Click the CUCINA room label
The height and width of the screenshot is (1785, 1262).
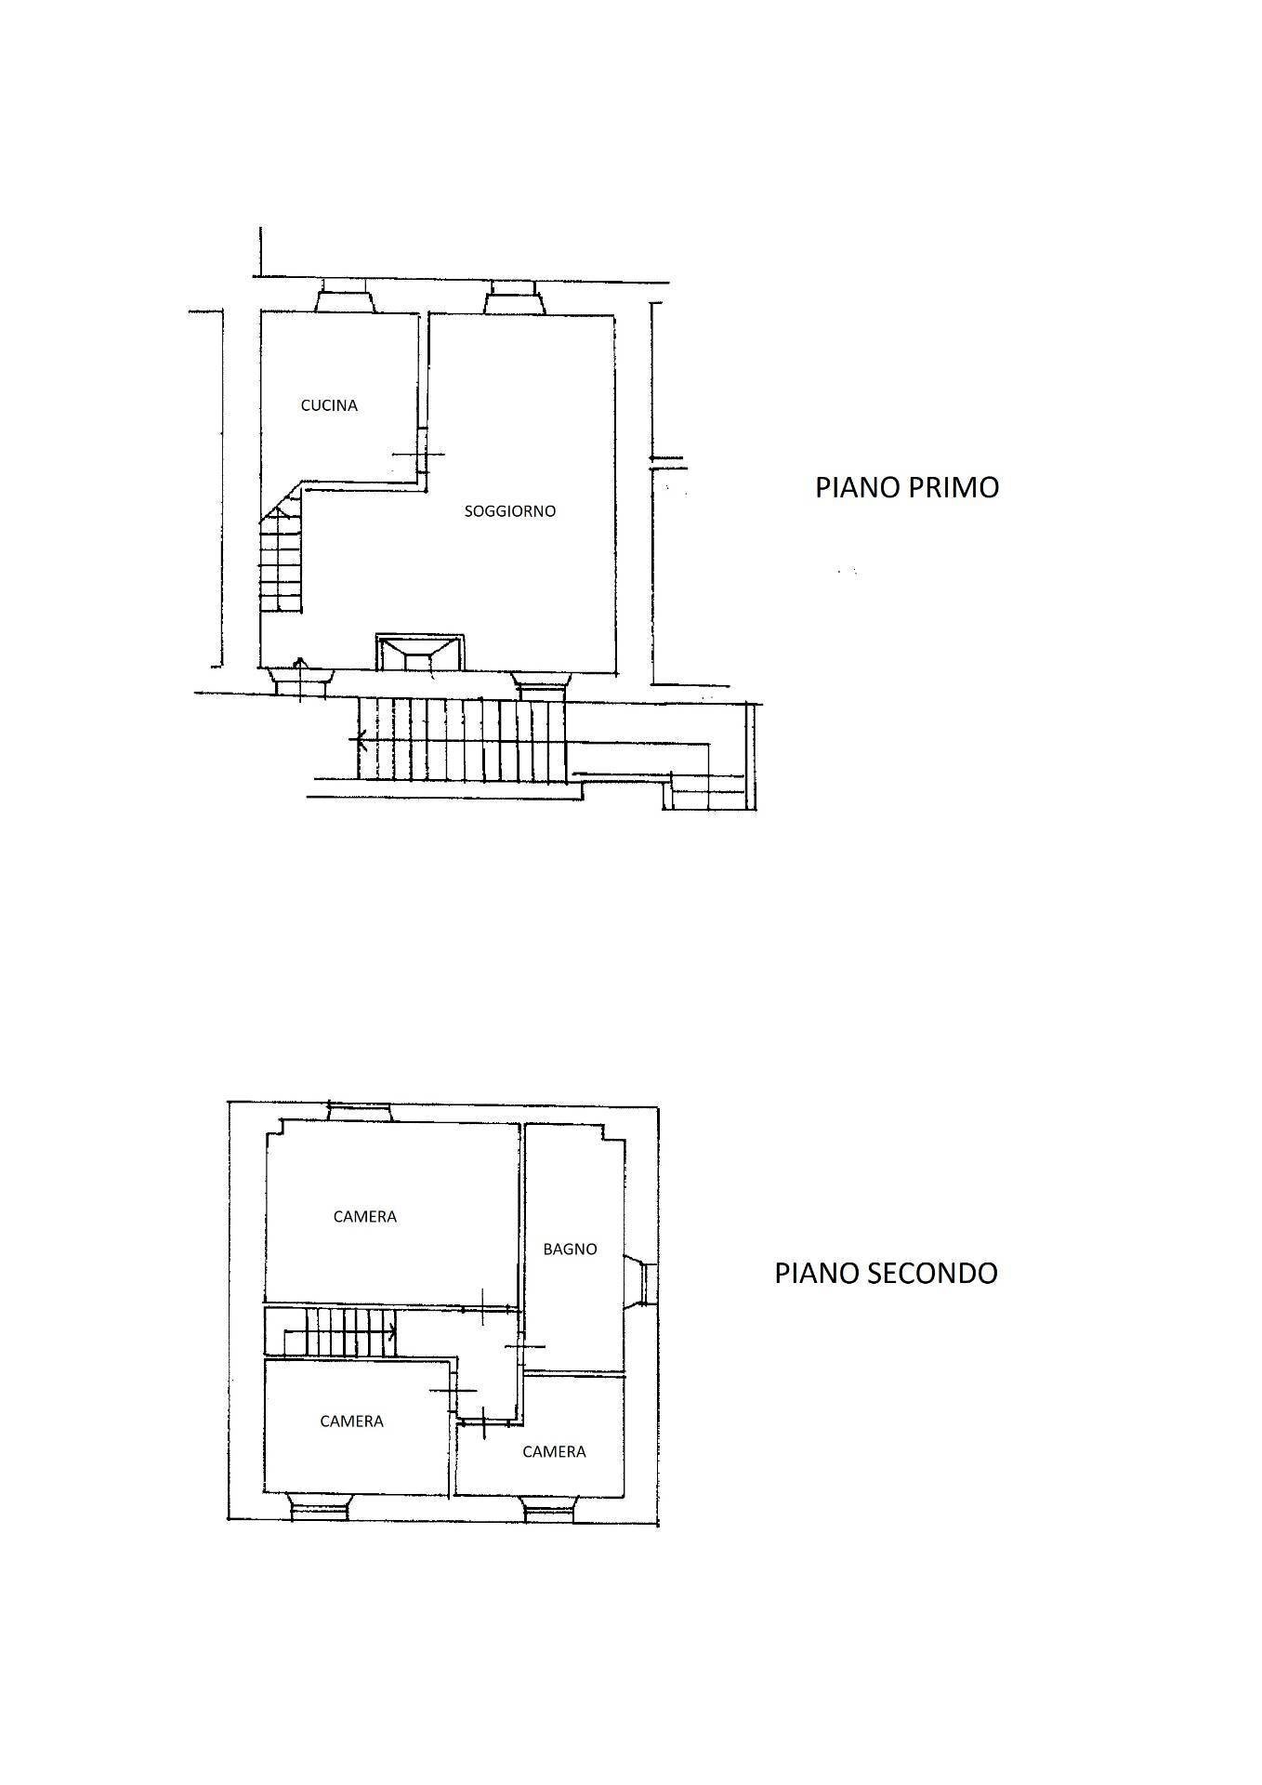point(329,405)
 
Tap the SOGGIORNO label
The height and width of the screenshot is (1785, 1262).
point(509,511)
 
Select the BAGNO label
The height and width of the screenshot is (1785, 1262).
point(570,1249)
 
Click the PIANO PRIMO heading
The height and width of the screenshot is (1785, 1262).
point(906,487)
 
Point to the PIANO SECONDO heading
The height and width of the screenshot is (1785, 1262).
point(886,1273)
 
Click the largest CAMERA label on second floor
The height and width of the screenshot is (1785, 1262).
point(364,1216)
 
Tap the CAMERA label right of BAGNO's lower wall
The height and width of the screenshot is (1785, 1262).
point(554,1451)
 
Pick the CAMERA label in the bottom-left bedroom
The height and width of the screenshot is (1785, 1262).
point(351,1421)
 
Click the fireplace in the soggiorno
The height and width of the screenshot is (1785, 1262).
point(418,652)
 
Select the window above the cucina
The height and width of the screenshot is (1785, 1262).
point(345,299)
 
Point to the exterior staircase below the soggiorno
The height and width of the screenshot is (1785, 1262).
point(462,739)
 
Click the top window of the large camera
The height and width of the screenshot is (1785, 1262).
point(361,1112)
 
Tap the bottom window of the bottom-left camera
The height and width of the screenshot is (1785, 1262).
point(319,1506)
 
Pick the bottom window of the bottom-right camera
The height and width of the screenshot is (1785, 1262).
point(551,1511)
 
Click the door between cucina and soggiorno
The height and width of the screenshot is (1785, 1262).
point(422,453)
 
